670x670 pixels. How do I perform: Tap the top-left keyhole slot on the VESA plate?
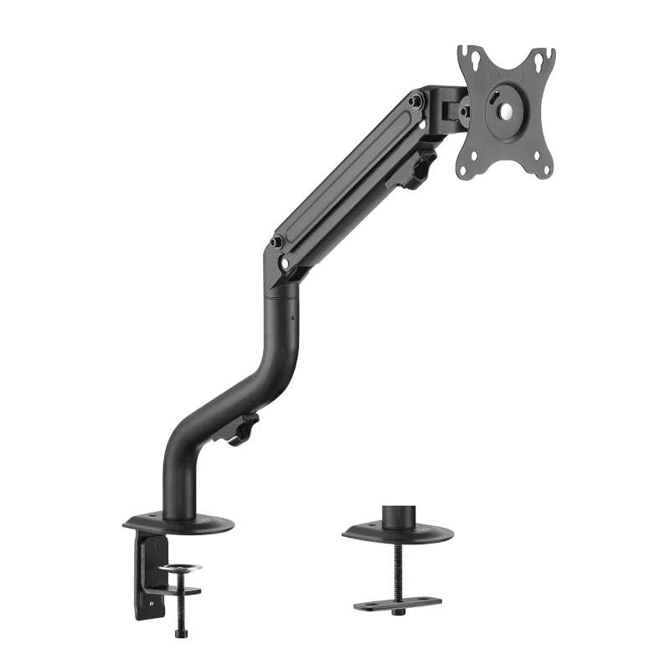pyautogui.click(x=473, y=62)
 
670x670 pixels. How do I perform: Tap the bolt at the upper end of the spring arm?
pyautogui.click(x=415, y=101)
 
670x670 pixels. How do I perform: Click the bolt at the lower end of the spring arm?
pyautogui.click(x=275, y=243)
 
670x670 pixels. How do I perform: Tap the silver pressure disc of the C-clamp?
pyautogui.click(x=181, y=569)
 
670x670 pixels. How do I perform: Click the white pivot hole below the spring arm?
pyautogui.click(x=286, y=262)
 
